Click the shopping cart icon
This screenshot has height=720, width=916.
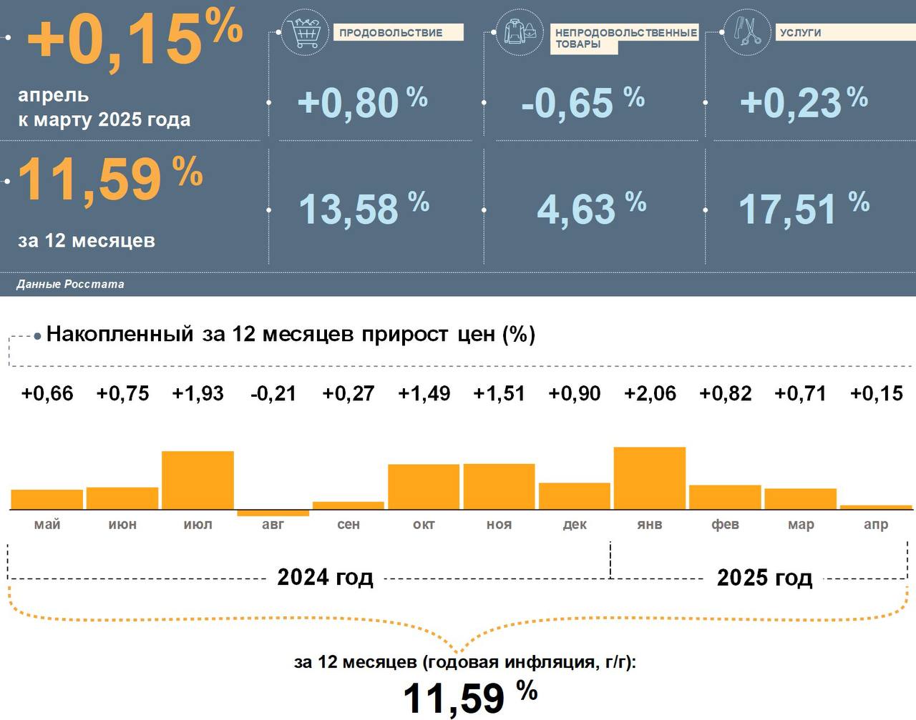pyautogui.click(x=304, y=32)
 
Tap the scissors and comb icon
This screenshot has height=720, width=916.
pyautogui.click(x=746, y=32)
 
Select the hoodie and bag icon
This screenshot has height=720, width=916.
pyautogui.click(x=518, y=32)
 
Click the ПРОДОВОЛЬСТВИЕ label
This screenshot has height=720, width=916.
pyautogui.click(x=391, y=33)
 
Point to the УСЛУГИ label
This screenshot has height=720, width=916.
pyautogui.click(x=801, y=33)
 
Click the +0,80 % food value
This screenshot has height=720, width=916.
pyautogui.click(x=362, y=102)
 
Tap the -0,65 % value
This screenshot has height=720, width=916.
pyautogui.click(x=583, y=102)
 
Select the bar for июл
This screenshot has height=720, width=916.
pyautogui.click(x=198, y=480)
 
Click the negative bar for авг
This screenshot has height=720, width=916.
pyautogui.click(x=273, y=513)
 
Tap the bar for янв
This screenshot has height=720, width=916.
pyautogui.click(x=650, y=478)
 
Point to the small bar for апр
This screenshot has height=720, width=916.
pyautogui.click(x=876, y=507)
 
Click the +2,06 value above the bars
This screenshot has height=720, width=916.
pyautogui.click(x=650, y=393)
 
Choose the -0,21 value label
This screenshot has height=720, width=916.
pyautogui.click(x=273, y=393)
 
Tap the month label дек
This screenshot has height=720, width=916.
pyautogui.click(x=575, y=524)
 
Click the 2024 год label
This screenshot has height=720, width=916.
pyautogui.click(x=325, y=577)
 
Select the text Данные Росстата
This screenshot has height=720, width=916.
pyautogui.click(x=70, y=284)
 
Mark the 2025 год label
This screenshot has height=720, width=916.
pyautogui.click(x=764, y=577)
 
